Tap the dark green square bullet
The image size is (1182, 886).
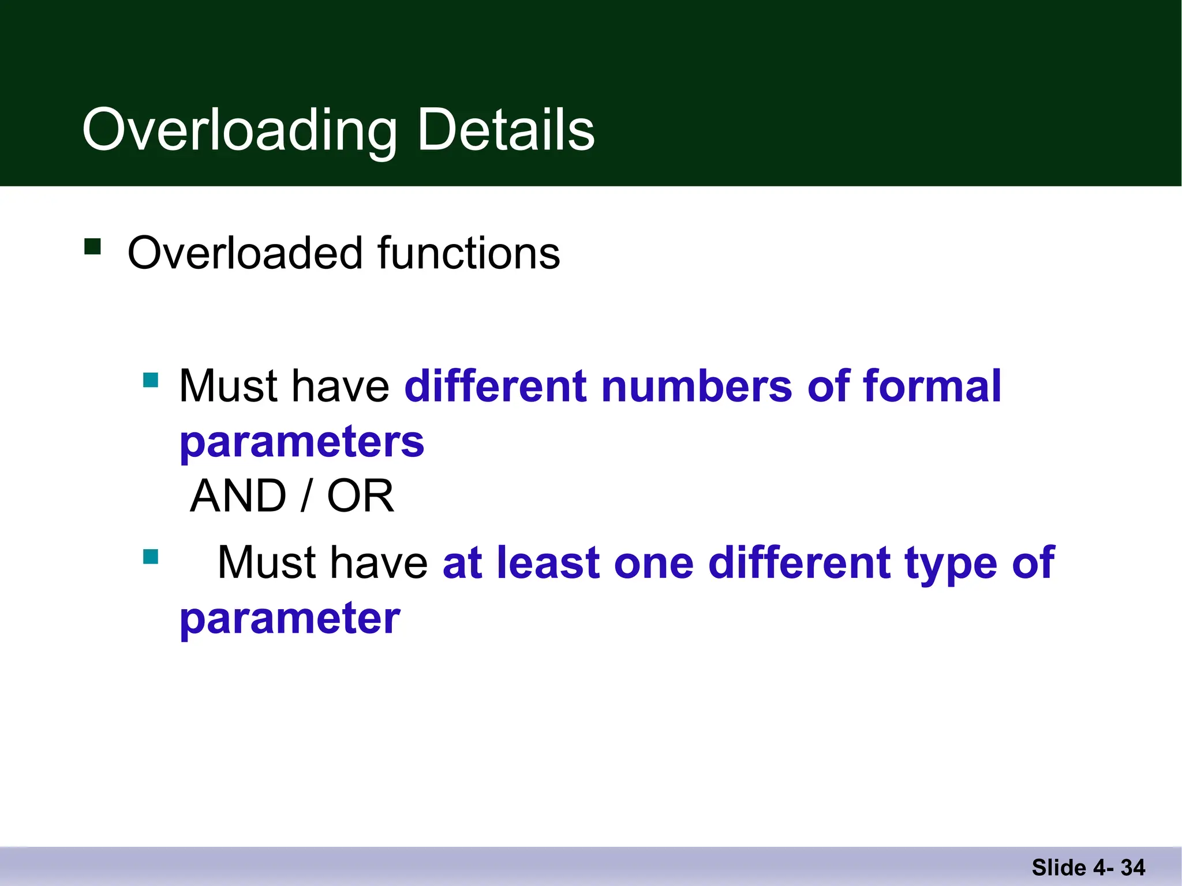tap(92, 247)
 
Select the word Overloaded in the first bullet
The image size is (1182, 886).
tap(245, 253)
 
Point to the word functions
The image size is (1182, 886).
tap(468, 253)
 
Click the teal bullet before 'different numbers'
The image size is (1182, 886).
tap(151, 380)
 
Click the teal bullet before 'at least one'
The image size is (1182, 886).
tap(151, 557)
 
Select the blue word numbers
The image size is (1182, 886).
tap(697, 386)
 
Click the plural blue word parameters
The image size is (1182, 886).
tap(302, 443)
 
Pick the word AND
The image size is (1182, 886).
tap(238, 496)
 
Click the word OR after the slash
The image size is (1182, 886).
tap(361, 496)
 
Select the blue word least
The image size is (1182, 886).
tap(548, 562)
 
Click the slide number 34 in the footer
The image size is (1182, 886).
tap(1133, 868)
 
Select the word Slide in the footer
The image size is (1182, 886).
tap(1059, 868)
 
